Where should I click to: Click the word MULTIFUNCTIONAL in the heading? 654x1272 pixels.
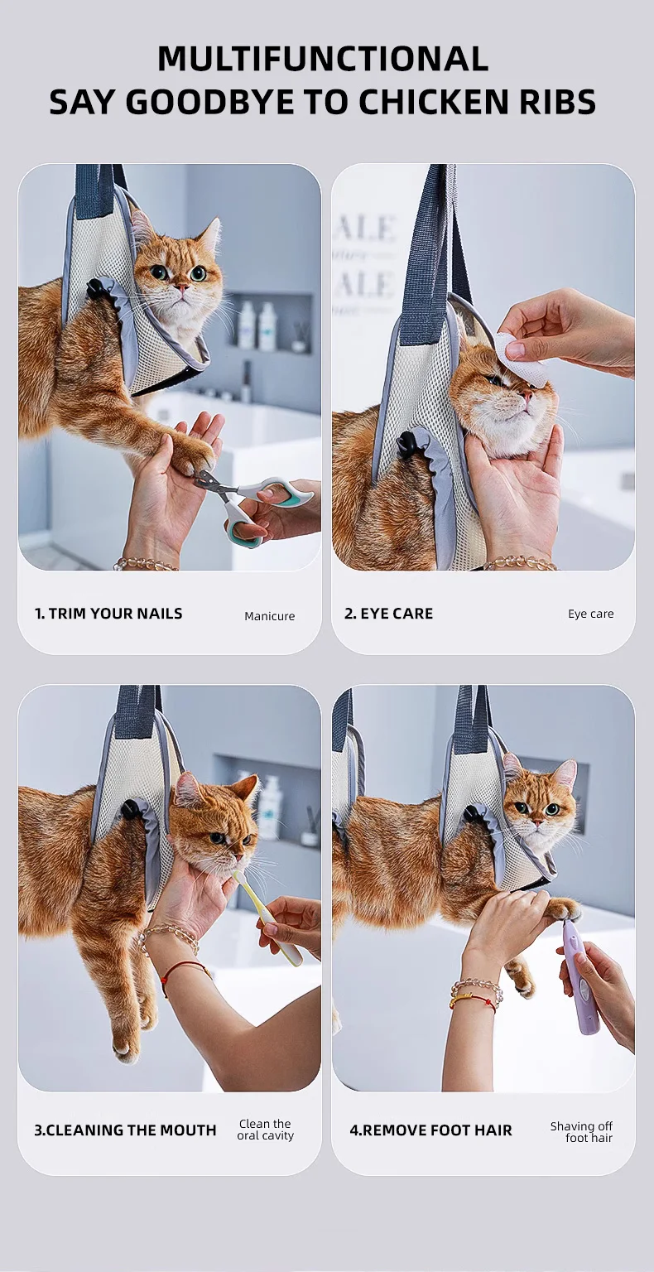[323, 58]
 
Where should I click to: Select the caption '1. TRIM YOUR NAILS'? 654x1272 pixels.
[108, 614]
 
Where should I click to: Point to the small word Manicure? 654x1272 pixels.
[270, 616]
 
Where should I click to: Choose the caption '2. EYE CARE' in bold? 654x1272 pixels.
[388, 614]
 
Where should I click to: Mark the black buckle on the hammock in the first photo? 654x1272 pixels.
[97, 288]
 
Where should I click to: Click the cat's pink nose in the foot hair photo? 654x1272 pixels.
[536, 821]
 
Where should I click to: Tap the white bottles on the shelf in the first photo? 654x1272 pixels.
[258, 325]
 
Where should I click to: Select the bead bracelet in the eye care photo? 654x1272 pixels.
[519, 563]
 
